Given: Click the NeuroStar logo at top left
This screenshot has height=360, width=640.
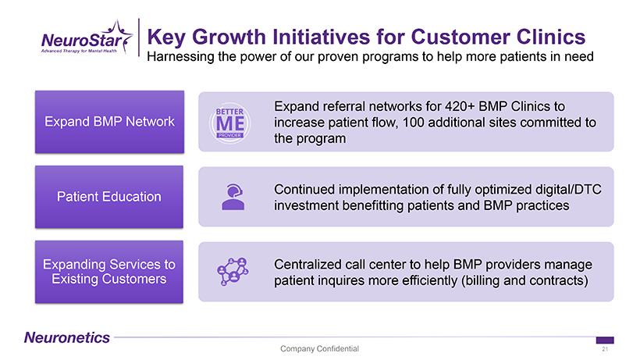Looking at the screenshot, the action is [x=87, y=38].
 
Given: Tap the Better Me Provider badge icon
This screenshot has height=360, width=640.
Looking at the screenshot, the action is [x=229, y=123].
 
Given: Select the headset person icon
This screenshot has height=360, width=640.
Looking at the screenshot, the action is [x=233, y=197].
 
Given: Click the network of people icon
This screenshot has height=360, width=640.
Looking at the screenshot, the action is [x=233, y=272].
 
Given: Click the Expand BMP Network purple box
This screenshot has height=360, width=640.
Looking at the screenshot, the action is [x=109, y=122].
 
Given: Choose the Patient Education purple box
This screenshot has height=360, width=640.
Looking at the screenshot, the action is [x=109, y=197].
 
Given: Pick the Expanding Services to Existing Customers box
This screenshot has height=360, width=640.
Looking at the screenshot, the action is [x=109, y=272].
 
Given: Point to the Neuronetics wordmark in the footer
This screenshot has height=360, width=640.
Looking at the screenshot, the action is [x=67, y=337].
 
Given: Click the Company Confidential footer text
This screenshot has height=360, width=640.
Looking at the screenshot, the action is [x=319, y=348].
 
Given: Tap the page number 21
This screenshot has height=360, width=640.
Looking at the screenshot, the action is [x=605, y=349].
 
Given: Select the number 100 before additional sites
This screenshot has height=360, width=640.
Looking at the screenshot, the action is [x=414, y=123].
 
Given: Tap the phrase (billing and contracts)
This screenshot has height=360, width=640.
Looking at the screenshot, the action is [x=524, y=280].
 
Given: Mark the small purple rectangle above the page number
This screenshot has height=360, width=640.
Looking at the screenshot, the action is [x=605, y=340].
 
